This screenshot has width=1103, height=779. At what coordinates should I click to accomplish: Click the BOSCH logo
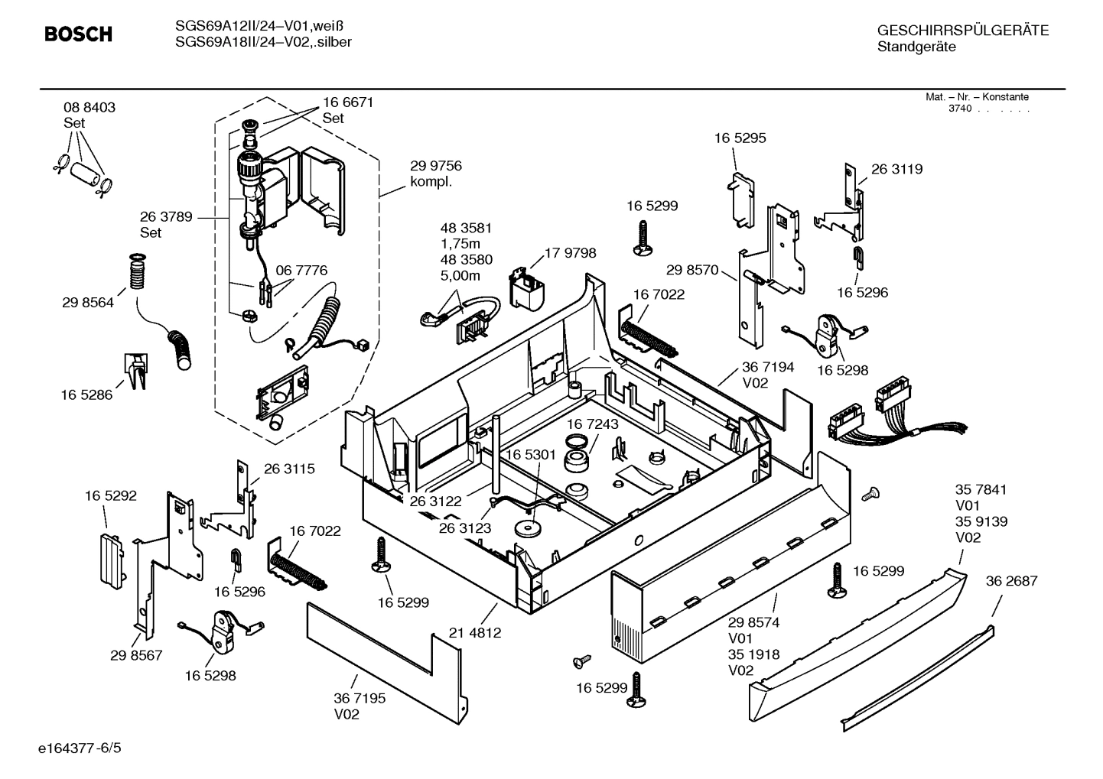tap(78, 34)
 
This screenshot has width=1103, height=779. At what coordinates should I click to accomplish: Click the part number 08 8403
tap(89, 108)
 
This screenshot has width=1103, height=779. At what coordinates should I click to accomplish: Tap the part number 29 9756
tap(435, 166)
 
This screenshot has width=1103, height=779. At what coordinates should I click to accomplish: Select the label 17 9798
tap(570, 253)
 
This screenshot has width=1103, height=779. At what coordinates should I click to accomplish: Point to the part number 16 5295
tap(740, 138)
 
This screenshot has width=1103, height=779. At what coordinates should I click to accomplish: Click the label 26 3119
tap(896, 169)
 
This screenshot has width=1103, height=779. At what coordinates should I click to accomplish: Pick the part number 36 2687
tap(1011, 581)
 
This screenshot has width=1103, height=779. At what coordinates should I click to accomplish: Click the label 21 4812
tap(475, 633)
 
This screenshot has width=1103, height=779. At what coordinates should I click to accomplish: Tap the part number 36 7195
tap(360, 699)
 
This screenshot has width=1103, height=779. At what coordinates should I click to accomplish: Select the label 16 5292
tap(110, 496)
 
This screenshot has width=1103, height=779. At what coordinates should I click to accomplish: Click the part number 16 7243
tap(593, 424)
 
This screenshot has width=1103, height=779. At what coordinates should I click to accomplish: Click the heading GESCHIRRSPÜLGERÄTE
tap(962, 31)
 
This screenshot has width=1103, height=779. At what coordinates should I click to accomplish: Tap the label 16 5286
tap(86, 394)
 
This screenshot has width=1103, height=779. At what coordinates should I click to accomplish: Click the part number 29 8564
tap(88, 303)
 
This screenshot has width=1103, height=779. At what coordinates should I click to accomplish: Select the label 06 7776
tap(301, 271)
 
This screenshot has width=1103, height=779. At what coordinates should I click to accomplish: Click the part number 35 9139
tap(981, 521)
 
